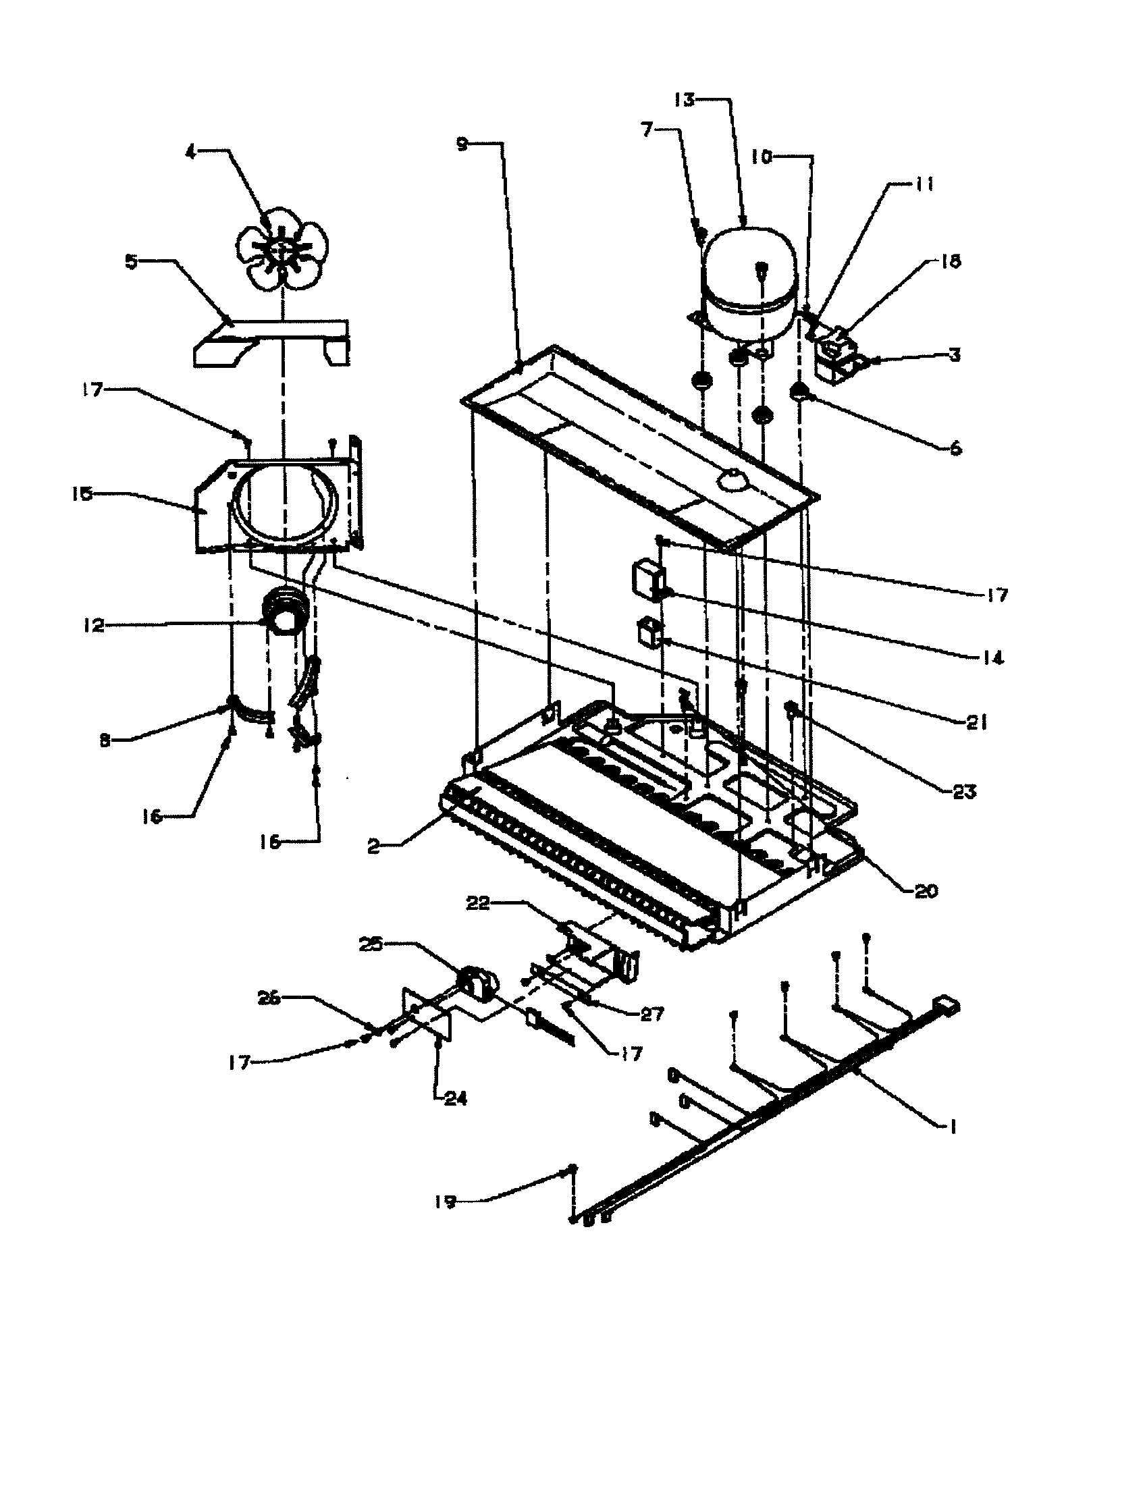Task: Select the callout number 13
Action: [x=685, y=101]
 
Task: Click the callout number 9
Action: [x=462, y=145]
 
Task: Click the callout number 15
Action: [x=83, y=494]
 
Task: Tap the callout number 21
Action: [x=976, y=724]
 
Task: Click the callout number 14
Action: [x=992, y=658]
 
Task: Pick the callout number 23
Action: [x=964, y=792]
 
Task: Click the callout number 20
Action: [x=926, y=891]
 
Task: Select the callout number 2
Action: [x=373, y=847]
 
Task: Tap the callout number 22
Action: [x=478, y=905]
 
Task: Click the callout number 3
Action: [x=955, y=355]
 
